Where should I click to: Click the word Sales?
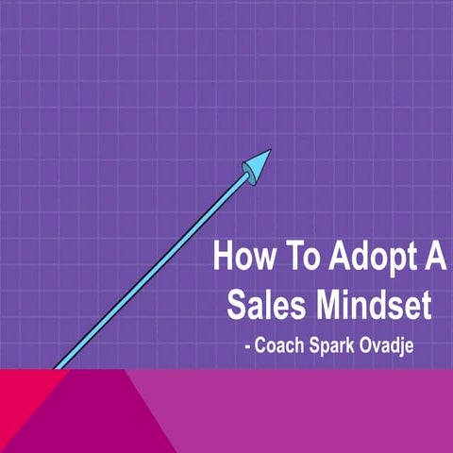coord(263,307)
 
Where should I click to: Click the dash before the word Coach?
coord(247,346)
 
